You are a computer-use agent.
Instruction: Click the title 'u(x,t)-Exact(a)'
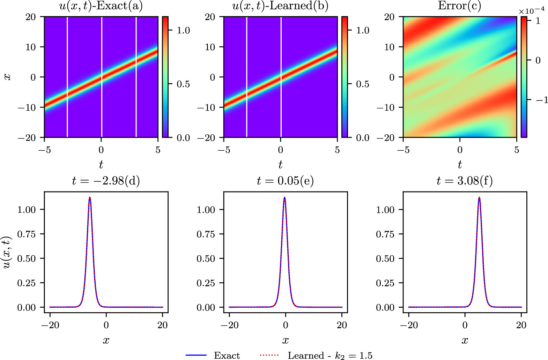pyautogui.click(x=101, y=6)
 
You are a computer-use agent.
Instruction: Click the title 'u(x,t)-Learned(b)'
pyautogui.click(x=280, y=6)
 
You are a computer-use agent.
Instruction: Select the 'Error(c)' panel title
pyautogui.click(x=459, y=6)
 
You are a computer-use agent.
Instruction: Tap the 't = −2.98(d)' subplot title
pyautogui.click(x=106, y=181)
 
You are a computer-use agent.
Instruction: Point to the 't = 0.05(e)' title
pyautogui.click(x=285, y=181)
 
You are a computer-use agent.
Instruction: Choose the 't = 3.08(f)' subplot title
pyautogui.click(x=465, y=181)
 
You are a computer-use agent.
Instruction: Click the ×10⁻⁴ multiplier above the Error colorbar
pyautogui.click(x=531, y=11)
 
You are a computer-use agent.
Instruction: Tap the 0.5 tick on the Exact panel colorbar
pyautogui.click(x=183, y=84)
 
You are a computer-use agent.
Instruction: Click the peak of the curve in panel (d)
pyautogui.click(x=90, y=197)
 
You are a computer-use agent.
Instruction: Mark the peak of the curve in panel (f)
pyautogui.click(x=479, y=197)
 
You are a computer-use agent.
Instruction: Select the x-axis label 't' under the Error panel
pyautogui.click(x=460, y=164)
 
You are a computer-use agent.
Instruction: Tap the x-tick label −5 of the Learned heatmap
pyautogui.click(x=224, y=150)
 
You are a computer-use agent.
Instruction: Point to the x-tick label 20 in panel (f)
pyautogui.click(x=521, y=325)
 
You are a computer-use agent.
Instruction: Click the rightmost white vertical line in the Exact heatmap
pyautogui.click(x=136, y=77)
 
